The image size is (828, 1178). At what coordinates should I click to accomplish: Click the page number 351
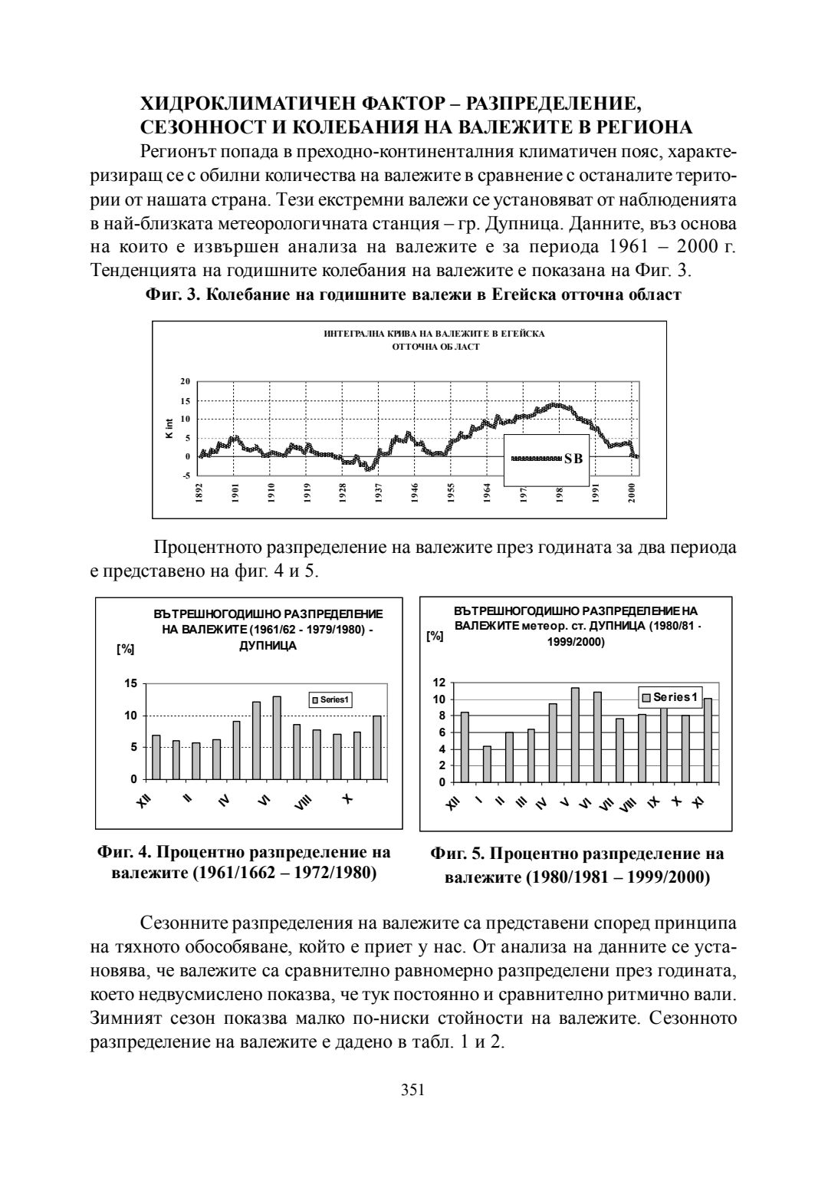(x=412, y=1090)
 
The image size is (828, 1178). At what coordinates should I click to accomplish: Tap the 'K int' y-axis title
(x=169, y=428)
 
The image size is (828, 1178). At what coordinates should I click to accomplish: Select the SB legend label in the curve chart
(x=573, y=459)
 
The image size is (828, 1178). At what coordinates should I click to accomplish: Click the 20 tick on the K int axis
(x=185, y=382)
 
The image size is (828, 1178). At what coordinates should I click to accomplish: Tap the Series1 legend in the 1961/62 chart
(x=331, y=699)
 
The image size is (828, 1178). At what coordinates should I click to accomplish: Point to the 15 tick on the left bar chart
(x=132, y=683)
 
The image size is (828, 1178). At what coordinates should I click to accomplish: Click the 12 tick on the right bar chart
(x=439, y=683)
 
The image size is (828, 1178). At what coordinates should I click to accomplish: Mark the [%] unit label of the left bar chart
(x=126, y=649)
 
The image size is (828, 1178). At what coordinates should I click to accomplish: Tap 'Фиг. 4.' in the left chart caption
(x=124, y=852)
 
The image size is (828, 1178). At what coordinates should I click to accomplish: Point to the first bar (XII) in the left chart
(x=156, y=757)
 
